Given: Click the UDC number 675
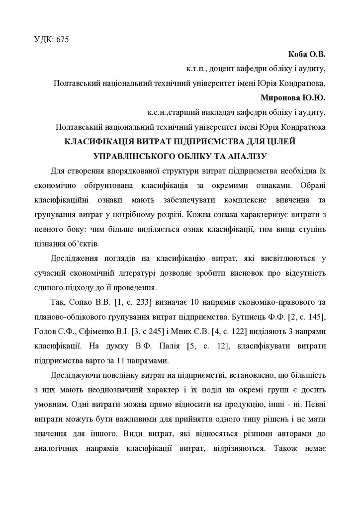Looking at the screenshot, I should pos(62,40).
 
